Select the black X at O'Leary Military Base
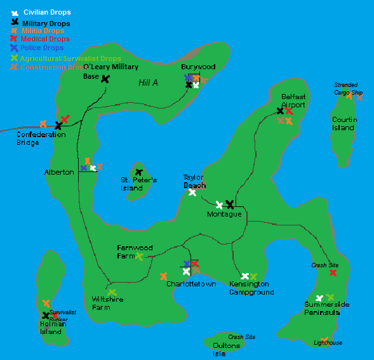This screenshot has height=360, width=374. (105, 79)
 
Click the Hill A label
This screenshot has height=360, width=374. (149, 83)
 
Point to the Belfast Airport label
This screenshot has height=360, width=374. (293, 101)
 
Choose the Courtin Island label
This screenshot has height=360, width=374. (344, 123)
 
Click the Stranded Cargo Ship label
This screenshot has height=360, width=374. (346, 88)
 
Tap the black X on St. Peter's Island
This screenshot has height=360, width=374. (138, 172)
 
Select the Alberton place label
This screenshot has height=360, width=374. (59, 172)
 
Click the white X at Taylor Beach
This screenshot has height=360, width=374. (192, 192)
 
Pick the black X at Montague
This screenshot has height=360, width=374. (230, 204)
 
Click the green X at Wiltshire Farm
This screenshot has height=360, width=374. (112, 293)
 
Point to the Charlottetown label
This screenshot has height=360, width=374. (191, 284)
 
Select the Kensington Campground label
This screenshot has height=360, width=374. (251, 288)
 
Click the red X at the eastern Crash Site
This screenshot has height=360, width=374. (333, 272)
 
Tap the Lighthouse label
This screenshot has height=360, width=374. (328, 343)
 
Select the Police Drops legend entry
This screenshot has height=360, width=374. (41, 48)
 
